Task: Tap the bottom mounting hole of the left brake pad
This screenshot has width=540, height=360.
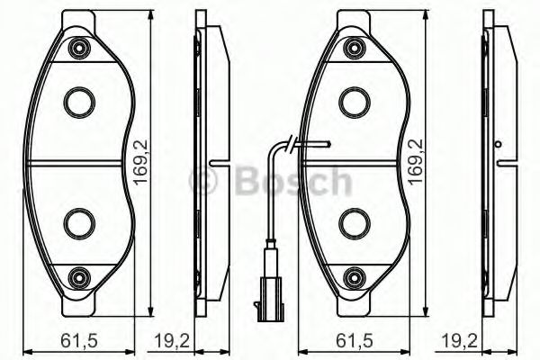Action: click(x=80, y=275)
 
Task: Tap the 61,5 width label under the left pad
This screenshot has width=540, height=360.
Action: click(x=76, y=339)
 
